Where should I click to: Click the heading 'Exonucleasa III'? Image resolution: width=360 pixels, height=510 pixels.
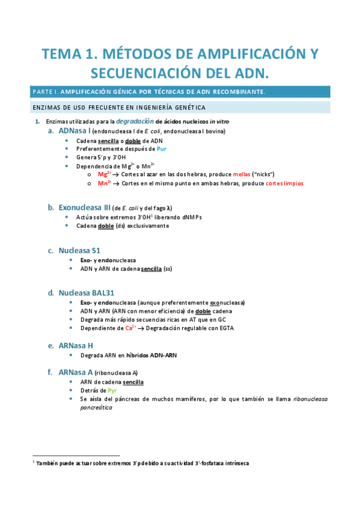click(x=84, y=207)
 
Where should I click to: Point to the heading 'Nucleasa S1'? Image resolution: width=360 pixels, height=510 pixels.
click(x=79, y=250)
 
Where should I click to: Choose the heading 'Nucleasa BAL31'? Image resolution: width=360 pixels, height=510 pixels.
click(x=87, y=293)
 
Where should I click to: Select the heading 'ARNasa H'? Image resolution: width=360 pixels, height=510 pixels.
click(x=76, y=346)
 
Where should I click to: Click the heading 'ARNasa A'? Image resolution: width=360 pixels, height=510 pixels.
click(x=75, y=372)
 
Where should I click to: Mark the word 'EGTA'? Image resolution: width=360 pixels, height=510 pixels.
click(x=226, y=328)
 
